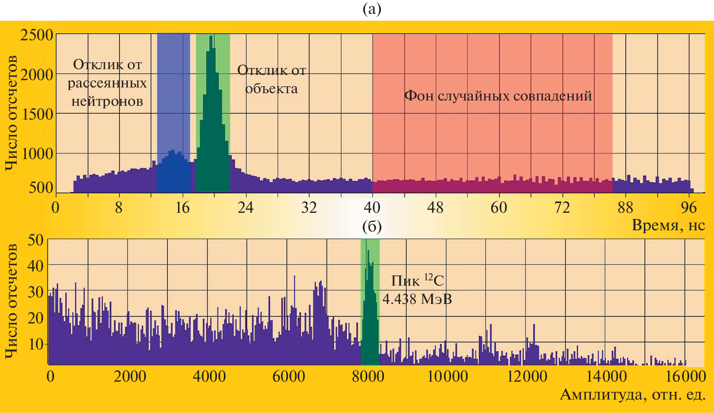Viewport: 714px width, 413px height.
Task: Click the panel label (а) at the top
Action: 372,9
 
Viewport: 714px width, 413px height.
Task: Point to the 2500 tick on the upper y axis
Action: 37,35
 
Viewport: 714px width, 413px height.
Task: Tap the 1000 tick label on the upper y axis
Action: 37,154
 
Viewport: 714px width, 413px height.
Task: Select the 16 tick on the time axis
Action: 182,208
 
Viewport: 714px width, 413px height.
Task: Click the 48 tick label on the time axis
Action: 435,208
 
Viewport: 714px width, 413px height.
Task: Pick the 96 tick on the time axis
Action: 689,208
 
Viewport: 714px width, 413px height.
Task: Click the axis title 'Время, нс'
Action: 668,225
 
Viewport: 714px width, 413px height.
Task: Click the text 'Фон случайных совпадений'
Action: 498,96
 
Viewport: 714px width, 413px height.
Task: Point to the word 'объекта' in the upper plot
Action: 271,89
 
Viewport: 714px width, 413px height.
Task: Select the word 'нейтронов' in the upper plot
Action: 107,101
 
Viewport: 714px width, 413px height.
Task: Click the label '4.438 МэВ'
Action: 417,299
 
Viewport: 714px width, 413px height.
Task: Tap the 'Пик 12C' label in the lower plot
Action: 417,280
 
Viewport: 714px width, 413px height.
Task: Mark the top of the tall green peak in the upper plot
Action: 211,37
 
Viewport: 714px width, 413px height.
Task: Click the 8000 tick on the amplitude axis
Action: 368,376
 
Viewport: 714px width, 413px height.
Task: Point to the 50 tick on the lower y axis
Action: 35,240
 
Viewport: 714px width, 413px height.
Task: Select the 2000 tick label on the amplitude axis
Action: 130,376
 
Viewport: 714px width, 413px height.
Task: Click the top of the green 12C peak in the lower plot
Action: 368,251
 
